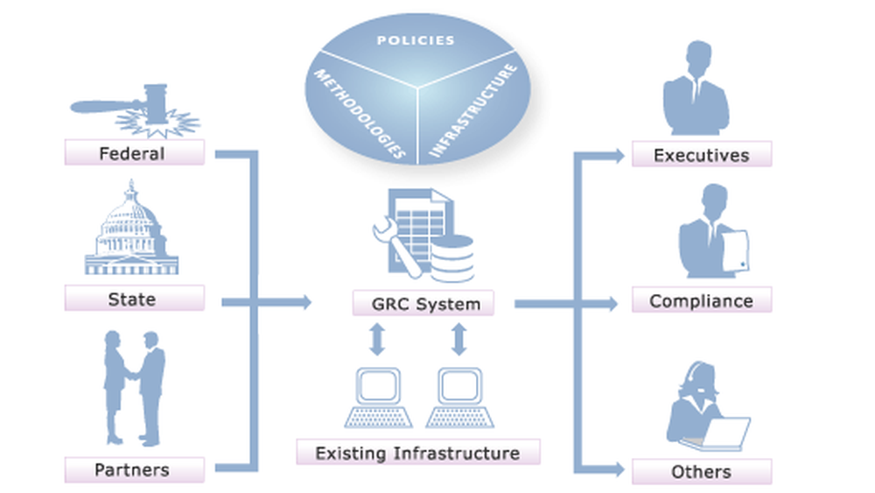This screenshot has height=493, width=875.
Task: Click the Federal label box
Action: click(x=134, y=153)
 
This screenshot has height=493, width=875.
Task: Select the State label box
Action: click(x=134, y=299)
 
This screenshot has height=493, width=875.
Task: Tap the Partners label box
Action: click(x=134, y=470)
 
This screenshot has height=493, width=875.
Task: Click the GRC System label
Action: click(x=423, y=304)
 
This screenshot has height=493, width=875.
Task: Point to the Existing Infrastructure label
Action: click(x=417, y=453)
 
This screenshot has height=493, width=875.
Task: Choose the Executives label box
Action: click(x=702, y=155)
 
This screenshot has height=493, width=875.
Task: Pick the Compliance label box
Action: click(x=702, y=300)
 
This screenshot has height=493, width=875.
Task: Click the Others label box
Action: click(x=702, y=471)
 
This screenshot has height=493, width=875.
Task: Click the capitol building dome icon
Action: click(x=131, y=229)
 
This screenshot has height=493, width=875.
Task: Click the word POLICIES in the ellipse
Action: click(x=416, y=40)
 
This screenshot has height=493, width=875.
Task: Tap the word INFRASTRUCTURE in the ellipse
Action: click(x=473, y=109)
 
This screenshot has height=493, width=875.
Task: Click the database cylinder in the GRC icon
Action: click(x=452, y=258)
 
